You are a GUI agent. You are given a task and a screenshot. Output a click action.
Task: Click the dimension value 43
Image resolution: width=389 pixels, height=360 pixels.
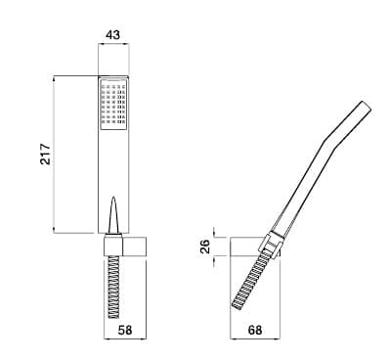click(x=113, y=34)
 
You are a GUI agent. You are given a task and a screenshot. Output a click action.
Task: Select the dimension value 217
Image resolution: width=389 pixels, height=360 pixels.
click(x=46, y=154)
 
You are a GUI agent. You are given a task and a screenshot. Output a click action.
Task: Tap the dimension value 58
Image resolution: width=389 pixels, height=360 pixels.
click(x=125, y=330)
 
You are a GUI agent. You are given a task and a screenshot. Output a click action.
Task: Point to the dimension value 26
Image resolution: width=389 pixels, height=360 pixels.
click(x=204, y=247)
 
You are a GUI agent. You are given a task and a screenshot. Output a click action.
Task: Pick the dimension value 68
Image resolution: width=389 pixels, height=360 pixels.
click(x=255, y=330)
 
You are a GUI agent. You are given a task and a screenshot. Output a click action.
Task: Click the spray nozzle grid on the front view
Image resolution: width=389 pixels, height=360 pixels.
click(x=113, y=104)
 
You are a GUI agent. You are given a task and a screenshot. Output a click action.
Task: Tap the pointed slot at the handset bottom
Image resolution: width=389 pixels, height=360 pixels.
click(x=113, y=215)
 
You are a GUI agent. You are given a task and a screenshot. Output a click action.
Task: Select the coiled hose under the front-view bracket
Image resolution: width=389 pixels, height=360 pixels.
click(x=113, y=287)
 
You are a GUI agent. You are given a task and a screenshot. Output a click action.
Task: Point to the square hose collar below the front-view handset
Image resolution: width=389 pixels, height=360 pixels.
click(x=113, y=245)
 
